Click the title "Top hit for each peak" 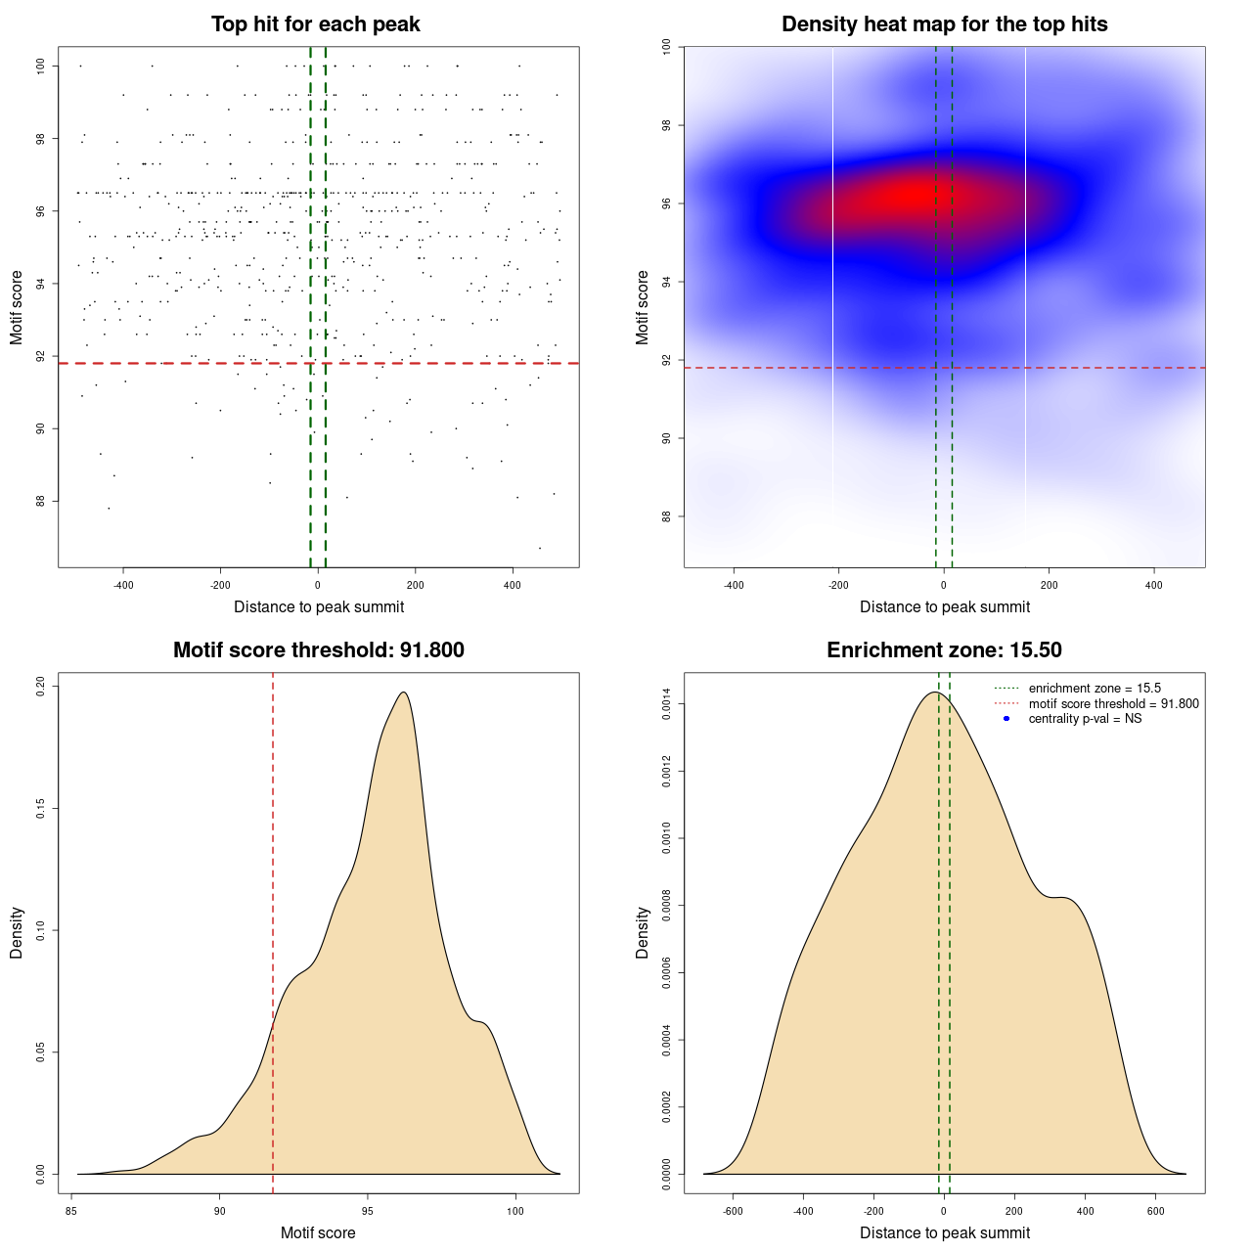coord(315,24)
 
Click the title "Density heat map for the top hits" coord(944,24)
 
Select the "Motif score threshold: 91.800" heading coord(318,650)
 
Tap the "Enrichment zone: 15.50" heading coord(944,650)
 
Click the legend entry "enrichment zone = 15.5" coord(1095,689)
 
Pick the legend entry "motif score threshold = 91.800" coord(1113,704)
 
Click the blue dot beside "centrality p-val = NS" coord(1006,719)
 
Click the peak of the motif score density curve coord(403,693)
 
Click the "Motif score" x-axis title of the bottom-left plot coord(318,1233)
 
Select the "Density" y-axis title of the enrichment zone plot coord(643,932)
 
